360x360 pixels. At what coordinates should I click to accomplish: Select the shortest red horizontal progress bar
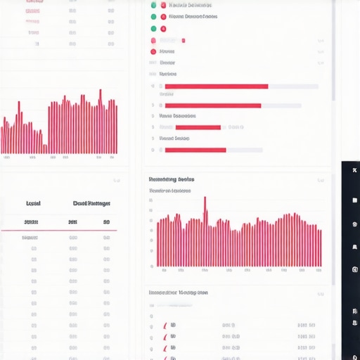point(198,128)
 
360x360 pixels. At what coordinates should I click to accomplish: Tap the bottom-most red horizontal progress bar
point(195,150)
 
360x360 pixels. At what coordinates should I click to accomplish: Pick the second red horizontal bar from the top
point(212,106)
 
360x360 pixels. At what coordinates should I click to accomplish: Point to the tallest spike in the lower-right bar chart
point(205,207)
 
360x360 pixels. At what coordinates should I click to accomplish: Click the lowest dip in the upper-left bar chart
point(44,148)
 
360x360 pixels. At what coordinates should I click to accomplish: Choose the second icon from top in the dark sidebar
point(354,200)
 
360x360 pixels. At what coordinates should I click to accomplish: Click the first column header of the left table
point(33,203)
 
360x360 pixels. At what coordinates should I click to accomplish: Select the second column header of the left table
point(91,203)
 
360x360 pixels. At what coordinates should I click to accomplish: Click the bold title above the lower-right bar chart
point(172,179)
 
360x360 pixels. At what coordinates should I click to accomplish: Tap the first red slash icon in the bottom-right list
point(166,326)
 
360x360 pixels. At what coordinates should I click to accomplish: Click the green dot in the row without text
point(153,29)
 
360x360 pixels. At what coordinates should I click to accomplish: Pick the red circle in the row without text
point(163,29)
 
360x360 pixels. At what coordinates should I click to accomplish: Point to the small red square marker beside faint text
point(183,41)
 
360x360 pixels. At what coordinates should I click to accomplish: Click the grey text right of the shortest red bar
point(236,128)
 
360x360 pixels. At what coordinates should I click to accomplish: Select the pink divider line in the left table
point(59,230)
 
